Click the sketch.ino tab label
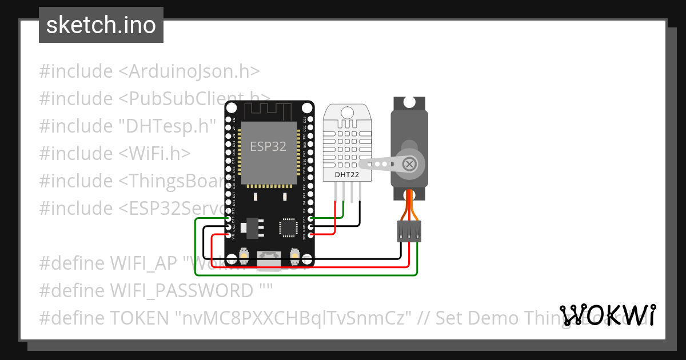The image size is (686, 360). pos(101,25)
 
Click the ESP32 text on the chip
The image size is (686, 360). pos(268,146)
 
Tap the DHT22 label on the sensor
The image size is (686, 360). pos(347,174)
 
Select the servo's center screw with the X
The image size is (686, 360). pos(409,165)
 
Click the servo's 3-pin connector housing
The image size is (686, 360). pos(409,231)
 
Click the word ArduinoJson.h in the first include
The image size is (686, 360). pos(189,71)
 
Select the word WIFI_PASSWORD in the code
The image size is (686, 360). pos(182,291)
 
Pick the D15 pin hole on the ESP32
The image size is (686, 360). pos(310,218)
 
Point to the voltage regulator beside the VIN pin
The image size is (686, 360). pos(250,228)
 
